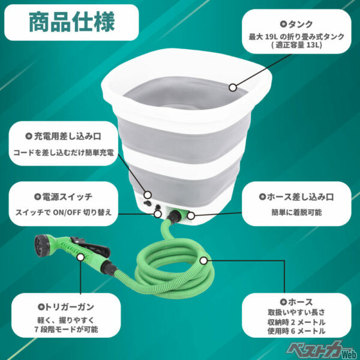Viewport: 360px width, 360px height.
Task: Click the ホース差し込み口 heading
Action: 300,196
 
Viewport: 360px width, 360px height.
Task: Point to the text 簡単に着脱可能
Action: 300,212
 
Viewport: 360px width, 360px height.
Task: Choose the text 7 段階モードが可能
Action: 67,330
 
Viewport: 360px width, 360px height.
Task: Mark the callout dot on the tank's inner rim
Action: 233,87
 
